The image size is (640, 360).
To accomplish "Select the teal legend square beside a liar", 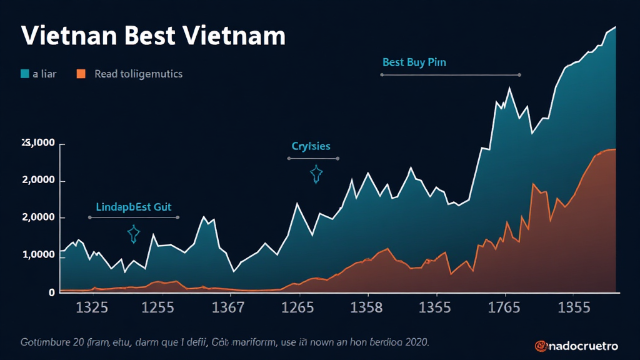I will (25, 74).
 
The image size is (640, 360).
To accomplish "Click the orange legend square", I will (81, 74).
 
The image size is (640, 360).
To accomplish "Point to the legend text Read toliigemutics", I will (138, 74).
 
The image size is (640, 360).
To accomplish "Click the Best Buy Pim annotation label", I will (414, 62).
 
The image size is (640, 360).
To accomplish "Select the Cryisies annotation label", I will (311, 146).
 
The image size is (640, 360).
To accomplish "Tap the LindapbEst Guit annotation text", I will (134, 206).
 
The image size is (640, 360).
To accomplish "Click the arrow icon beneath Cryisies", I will (316, 174).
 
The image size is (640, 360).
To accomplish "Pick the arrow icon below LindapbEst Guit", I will (133, 234).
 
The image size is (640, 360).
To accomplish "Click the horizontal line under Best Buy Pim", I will (450, 75).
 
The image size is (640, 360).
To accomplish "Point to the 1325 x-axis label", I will (92, 307).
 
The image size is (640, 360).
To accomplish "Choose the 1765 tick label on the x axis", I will (504, 307).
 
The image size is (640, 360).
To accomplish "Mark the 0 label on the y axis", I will (52, 292).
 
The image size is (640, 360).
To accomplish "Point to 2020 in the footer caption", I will (416, 342).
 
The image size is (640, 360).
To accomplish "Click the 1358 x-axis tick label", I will (366, 307).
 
